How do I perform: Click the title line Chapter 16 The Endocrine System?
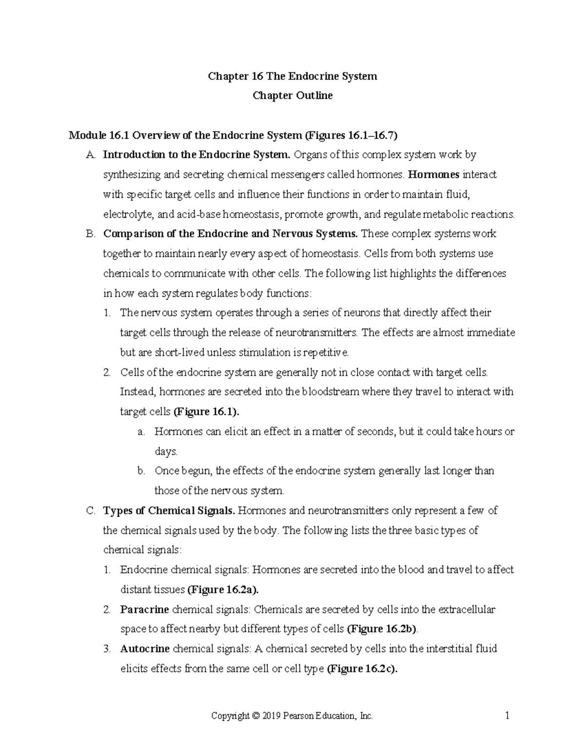point(292,76)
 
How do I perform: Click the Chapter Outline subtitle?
point(292,96)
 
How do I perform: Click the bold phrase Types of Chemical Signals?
point(169,511)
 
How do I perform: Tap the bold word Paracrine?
point(144,609)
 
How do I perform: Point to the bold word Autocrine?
point(145,649)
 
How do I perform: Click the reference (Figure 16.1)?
point(207,412)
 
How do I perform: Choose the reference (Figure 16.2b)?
point(382,629)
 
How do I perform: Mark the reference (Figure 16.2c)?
point(362,669)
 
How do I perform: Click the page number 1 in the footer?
point(507,716)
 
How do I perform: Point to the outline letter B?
point(89,234)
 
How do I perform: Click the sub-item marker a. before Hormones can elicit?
point(141,432)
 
